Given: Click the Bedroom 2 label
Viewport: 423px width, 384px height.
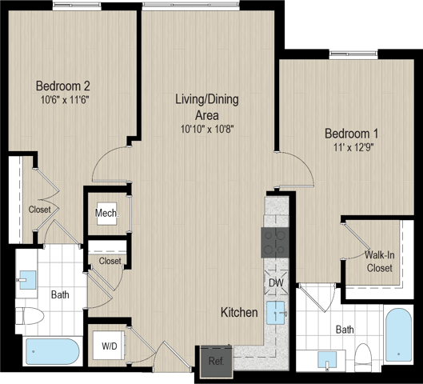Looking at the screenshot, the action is [x=63, y=86].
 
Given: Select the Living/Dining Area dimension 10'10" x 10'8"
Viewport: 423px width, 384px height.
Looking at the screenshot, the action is [x=207, y=130].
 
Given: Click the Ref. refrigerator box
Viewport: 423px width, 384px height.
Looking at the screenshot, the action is [x=217, y=362].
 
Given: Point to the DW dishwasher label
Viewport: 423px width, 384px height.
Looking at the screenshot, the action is [x=276, y=283].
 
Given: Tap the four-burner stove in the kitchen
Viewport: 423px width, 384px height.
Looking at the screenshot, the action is [x=275, y=242].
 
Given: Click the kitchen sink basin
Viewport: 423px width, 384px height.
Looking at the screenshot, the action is [x=276, y=313].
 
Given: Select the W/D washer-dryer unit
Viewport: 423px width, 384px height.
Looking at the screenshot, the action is [x=110, y=345].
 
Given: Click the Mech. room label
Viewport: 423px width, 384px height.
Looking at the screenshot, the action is [x=107, y=214].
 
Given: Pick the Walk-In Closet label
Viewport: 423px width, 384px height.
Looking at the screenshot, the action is [x=380, y=262].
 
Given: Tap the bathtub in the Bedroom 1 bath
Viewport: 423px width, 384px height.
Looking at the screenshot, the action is [x=398, y=334].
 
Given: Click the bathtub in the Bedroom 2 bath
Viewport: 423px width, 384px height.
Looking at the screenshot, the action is [x=53, y=352].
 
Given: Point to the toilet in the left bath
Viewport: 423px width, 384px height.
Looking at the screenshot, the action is [x=30, y=316].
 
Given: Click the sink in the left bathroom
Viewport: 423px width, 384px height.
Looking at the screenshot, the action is [x=27, y=280].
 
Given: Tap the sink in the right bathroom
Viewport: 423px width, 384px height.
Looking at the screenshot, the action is [x=327, y=360].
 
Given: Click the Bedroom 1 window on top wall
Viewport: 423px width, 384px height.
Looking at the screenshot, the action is [x=353, y=54].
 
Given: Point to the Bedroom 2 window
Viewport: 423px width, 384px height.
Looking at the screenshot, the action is [x=77, y=6].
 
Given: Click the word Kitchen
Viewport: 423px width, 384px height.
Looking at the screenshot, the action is [x=239, y=312].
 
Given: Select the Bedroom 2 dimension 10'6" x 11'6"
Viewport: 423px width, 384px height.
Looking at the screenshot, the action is [x=65, y=100].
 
